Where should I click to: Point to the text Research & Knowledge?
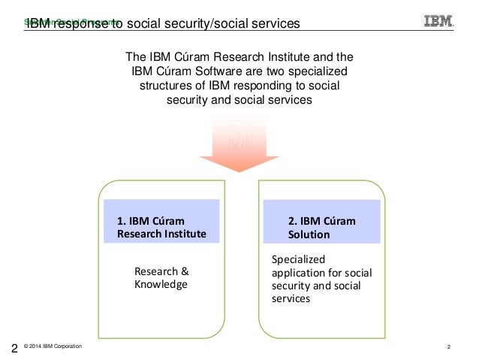160,278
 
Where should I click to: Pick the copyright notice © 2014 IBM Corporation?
53,346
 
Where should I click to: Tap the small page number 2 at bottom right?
448,346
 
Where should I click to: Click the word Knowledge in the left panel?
160,285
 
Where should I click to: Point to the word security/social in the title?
194,24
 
